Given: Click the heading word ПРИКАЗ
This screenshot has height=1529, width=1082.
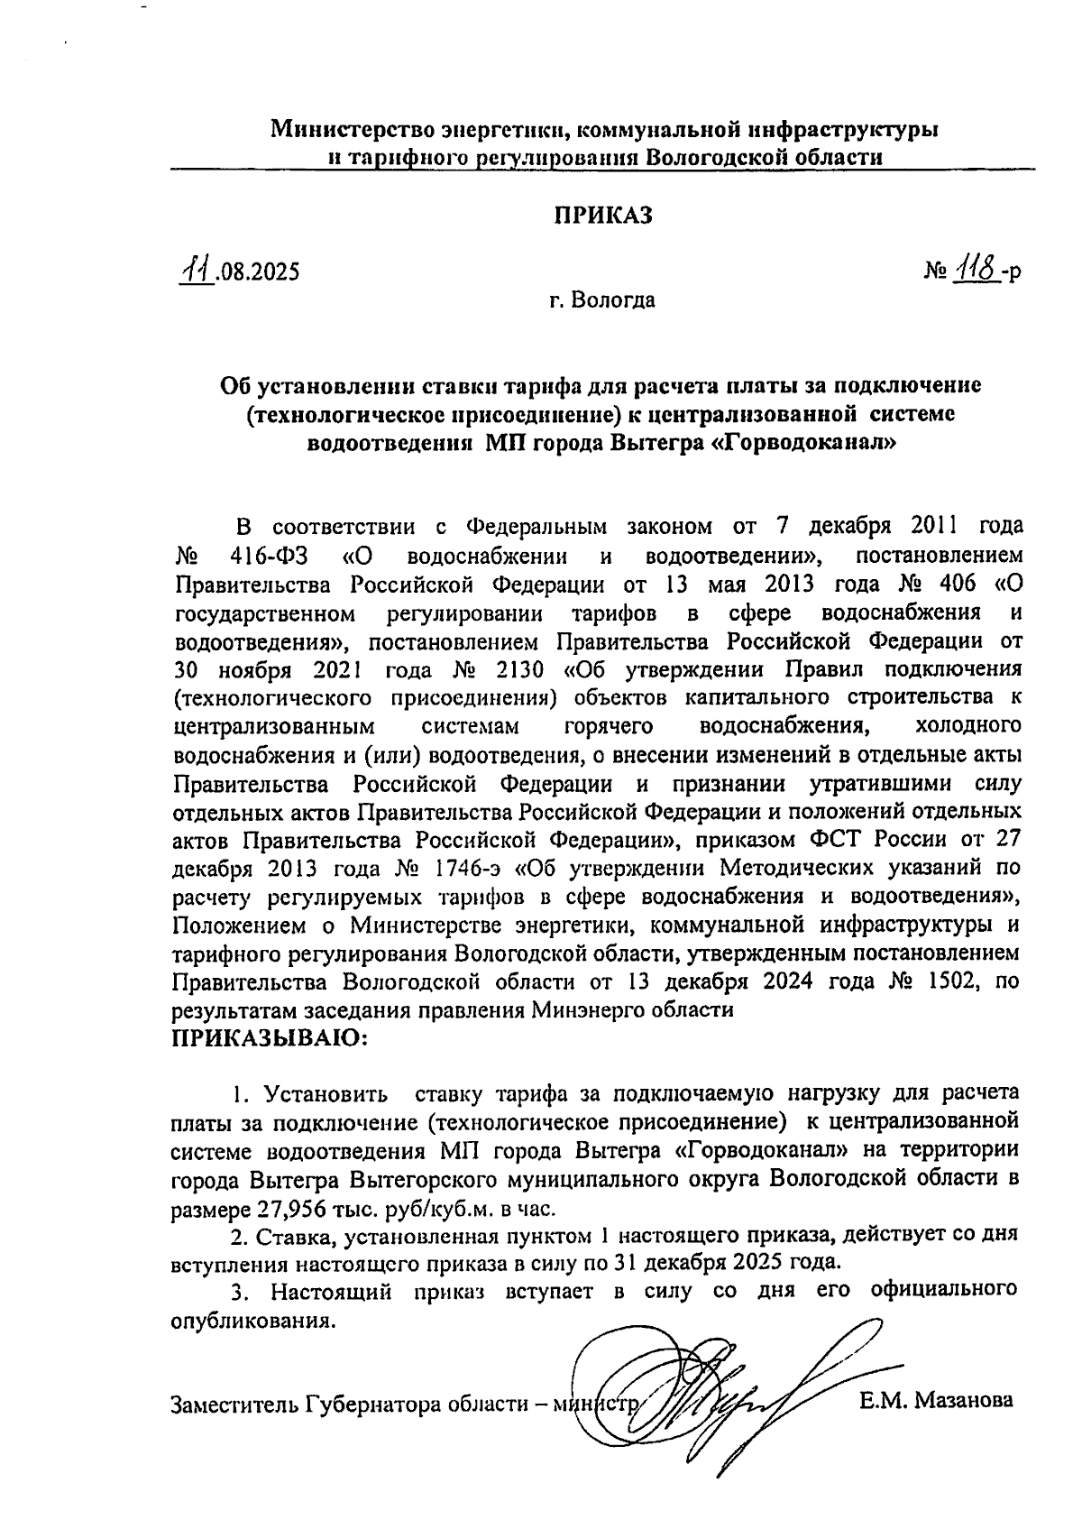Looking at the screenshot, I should [601, 216].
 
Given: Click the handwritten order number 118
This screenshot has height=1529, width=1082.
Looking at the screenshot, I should [975, 269].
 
